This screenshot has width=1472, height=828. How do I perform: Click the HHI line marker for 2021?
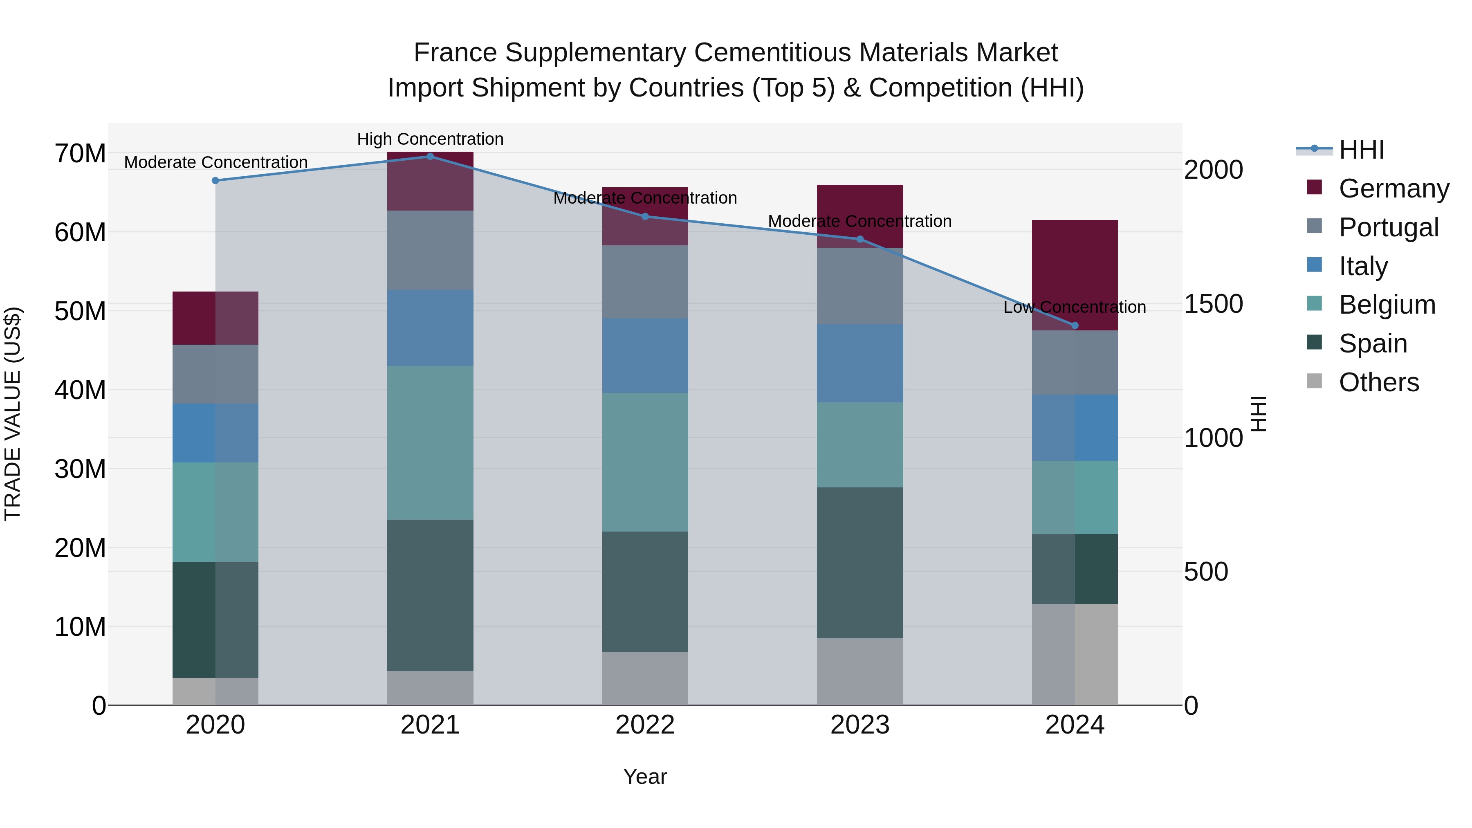[430, 156]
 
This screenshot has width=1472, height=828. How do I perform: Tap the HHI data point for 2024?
[1075, 326]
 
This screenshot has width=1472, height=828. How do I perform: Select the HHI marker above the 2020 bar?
[215, 181]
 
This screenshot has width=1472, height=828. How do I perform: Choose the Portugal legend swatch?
[1314, 226]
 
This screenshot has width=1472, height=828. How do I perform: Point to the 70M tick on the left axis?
[80, 153]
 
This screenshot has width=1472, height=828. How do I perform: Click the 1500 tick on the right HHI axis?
[1213, 304]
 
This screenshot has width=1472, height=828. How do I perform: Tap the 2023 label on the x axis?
[859, 725]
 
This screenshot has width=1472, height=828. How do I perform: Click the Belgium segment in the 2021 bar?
[430, 442]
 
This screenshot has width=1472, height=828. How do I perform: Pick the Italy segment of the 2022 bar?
[645, 355]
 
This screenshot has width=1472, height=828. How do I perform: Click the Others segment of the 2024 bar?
[1075, 654]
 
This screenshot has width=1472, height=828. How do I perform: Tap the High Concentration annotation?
[430, 139]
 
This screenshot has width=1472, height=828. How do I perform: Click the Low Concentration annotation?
[1075, 307]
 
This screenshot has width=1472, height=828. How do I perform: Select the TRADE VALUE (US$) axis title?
[13, 414]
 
